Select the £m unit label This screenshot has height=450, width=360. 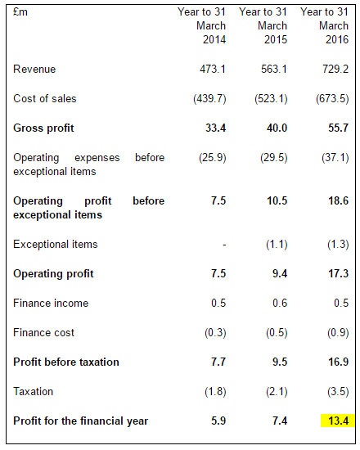[x=20, y=11]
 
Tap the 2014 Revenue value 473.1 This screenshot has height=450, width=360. [x=211, y=70]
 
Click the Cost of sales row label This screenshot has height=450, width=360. [x=45, y=99]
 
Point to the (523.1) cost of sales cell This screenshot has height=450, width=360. [x=269, y=99]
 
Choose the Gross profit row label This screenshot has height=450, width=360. [x=43, y=128]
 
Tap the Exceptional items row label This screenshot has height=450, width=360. [x=55, y=244]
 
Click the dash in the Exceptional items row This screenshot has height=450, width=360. [x=223, y=245]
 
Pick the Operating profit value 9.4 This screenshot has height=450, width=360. [x=277, y=273]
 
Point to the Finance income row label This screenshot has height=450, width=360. [x=51, y=303]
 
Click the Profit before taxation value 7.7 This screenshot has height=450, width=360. [x=216, y=362]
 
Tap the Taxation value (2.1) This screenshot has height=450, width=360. [x=272, y=391]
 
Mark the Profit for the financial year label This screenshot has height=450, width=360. [x=79, y=421]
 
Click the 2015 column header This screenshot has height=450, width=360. [x=263, y=26]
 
